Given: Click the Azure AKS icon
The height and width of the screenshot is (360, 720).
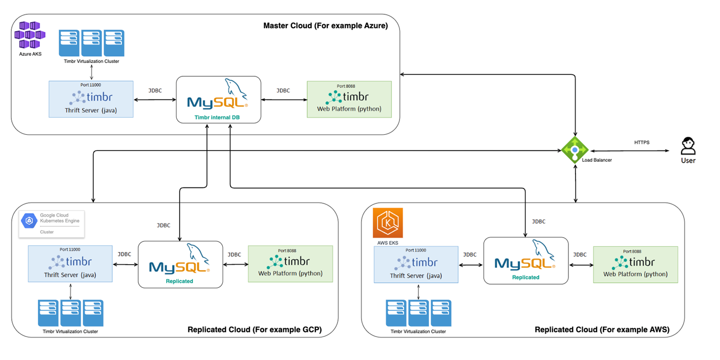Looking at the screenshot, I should (30, 35).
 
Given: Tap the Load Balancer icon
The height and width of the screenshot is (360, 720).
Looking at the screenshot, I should (575, 150).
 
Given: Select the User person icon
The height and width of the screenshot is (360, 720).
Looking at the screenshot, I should (688, 146).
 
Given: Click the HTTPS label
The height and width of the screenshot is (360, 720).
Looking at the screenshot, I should (641, 142).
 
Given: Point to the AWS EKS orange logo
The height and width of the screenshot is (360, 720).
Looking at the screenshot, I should (388, 223).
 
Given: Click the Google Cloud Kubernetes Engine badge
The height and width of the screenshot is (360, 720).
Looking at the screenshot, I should (52, 224).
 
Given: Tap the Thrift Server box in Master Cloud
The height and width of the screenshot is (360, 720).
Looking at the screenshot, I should (91, 99).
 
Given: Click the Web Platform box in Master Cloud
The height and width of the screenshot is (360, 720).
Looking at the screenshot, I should (349, 99).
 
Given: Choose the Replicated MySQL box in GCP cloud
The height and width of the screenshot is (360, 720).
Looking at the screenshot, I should (180, 264).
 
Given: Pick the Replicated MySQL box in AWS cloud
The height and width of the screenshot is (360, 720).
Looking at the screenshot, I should (526, 260).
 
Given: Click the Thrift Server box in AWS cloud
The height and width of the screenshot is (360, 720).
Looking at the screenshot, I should (416, 265).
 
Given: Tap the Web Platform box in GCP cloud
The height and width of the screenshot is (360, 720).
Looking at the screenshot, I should (290, 264).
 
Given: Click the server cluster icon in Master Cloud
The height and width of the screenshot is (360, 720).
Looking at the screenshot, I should (91, 43).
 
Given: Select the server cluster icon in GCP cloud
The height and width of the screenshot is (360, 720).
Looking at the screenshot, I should (71, 313).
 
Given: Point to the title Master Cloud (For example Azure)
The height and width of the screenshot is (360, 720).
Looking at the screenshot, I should (325, 26).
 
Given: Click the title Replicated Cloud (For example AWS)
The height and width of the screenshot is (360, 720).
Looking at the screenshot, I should (602, 329).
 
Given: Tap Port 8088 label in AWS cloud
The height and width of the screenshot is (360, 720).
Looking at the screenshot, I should (635, 251).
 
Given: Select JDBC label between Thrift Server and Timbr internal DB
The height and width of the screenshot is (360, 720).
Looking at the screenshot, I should (155, 91).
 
